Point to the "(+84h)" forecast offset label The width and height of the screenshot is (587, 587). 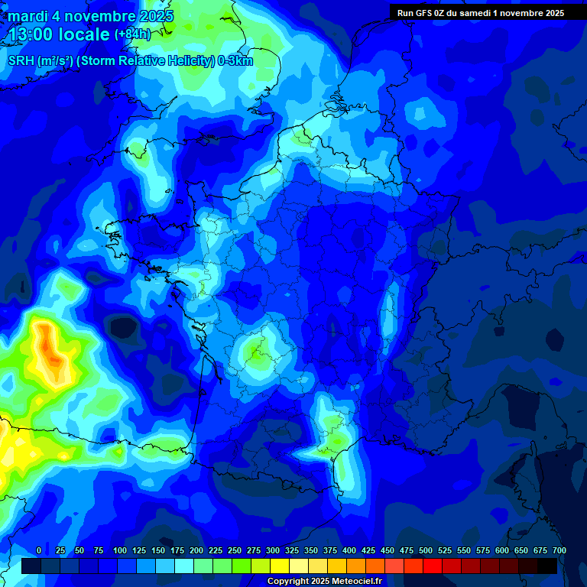(x=133, y=34)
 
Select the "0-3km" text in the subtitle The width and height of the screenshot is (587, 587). (x=236, y=61)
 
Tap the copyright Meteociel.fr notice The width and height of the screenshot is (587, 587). (x=324, y=581)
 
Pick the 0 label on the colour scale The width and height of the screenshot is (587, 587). (x=39, y=550)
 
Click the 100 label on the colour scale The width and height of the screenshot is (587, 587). (x=120, y=550)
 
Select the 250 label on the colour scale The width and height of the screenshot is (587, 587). (x=235, y=550)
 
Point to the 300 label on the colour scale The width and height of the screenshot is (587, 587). (x=273, y=550)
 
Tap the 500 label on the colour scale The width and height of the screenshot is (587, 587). (x=426, y=550)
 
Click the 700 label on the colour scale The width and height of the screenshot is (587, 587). (x=559, y=550)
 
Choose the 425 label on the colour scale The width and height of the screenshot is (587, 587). (x=368, y=550)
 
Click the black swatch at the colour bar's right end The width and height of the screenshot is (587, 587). (x=547, y=566)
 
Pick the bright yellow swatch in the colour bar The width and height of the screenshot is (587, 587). (x=280, y=566)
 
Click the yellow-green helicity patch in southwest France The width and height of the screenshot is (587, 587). (x=257, y=350)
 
